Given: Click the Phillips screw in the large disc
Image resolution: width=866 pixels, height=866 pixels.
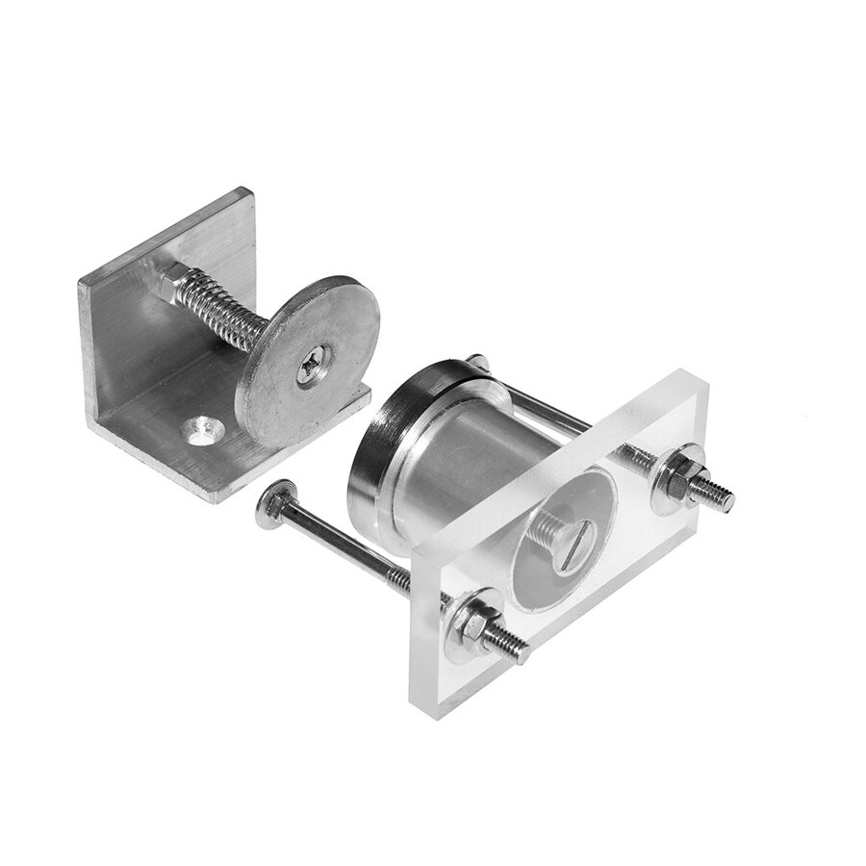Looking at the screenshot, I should click(311, 367).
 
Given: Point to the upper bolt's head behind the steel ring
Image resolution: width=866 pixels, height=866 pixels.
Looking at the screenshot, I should click(478, 363).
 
